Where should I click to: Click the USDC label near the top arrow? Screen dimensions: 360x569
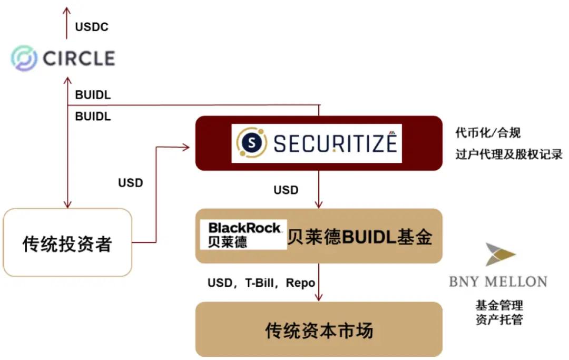coord(92,27)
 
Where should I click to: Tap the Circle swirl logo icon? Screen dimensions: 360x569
coord(24,58)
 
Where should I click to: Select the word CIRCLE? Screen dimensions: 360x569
coord(79,58)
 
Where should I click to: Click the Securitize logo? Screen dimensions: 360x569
coord(317,143)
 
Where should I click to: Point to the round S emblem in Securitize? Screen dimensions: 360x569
coord(251,143)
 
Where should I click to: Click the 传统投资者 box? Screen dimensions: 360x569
coord(67,242)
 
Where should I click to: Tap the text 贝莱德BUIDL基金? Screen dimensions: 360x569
coord(360,237)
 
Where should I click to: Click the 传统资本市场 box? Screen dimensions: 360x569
coord(319,330)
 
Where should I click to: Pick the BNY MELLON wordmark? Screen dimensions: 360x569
coord(498,281)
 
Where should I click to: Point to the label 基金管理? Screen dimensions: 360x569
coord(499,305)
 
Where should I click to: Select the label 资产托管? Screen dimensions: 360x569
coord(499,319)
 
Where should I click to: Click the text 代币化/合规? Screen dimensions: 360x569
coord(488,133)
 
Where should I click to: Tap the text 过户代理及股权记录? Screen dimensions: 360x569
coord(509,155)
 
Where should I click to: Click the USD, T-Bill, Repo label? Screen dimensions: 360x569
coord(262,283)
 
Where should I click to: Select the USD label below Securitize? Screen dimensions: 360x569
coord(286,190)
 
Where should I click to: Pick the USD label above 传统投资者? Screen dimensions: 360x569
coord(131,183)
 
